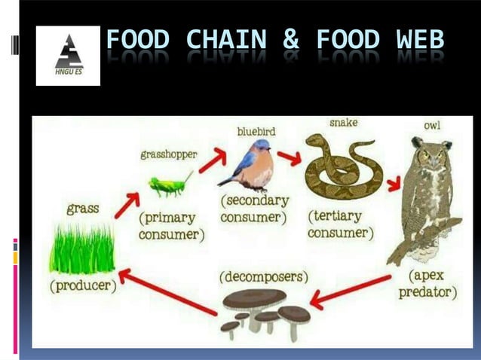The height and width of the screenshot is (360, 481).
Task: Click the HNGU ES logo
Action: (68, 55)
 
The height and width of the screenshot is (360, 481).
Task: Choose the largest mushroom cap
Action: (254, 299)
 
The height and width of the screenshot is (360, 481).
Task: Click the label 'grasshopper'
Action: (169, 154)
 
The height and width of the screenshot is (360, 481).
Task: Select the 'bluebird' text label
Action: (256, 131)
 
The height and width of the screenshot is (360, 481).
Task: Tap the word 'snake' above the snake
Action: (343, 122)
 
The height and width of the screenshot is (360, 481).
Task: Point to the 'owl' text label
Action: (432, 125)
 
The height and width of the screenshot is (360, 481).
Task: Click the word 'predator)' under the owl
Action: (427, 292)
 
